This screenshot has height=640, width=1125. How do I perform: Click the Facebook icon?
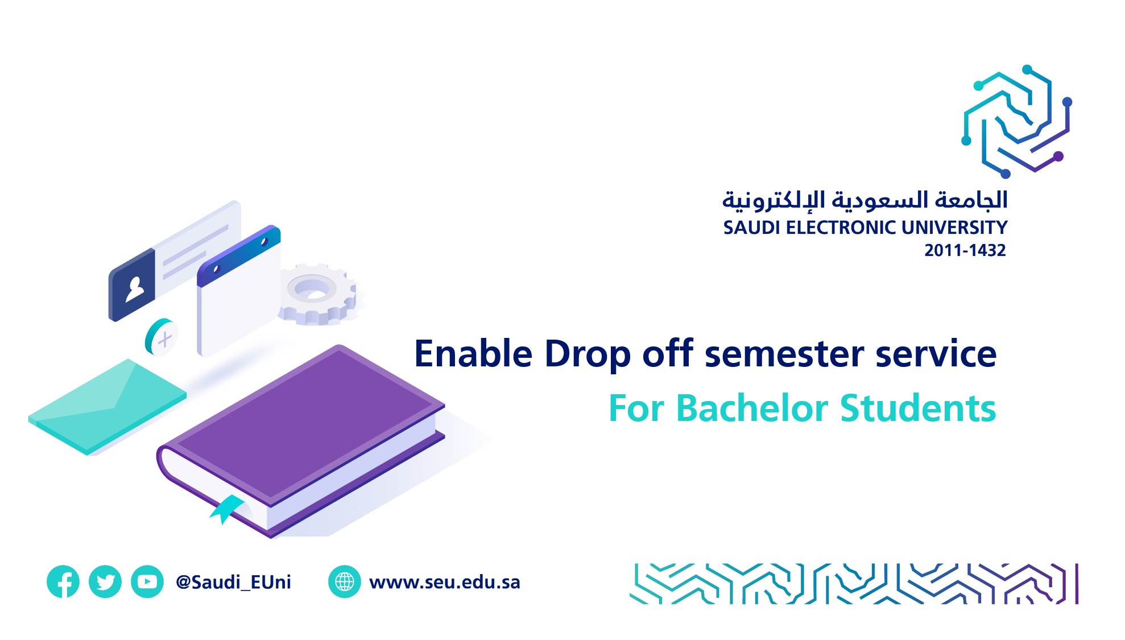[x=63, y=581]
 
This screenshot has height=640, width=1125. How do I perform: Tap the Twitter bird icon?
[x=105, y=581]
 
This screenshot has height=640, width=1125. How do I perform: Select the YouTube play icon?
[x=147, y=581]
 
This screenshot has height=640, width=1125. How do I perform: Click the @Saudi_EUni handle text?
[x=233, y=582]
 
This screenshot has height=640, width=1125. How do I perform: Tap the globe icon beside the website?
[x=345, y=581]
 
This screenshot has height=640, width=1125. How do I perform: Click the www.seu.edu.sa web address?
[x=445, y=582]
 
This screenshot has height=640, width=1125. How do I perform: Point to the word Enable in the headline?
[x=473, y=353]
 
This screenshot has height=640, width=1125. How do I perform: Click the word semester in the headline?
[x=784, y=354]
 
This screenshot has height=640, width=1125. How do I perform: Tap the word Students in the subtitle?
[x=918, y=408]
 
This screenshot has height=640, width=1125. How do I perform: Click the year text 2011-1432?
[x=965, y=250]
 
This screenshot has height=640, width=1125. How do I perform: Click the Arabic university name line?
[x=865, y=201]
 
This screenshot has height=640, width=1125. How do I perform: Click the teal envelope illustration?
[x=107, y=406]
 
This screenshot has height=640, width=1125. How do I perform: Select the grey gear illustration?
[x=317, y=294]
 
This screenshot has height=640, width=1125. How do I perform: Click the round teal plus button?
[x=161, y=337]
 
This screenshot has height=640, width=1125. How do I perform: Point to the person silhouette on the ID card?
[x=135, y=288]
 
